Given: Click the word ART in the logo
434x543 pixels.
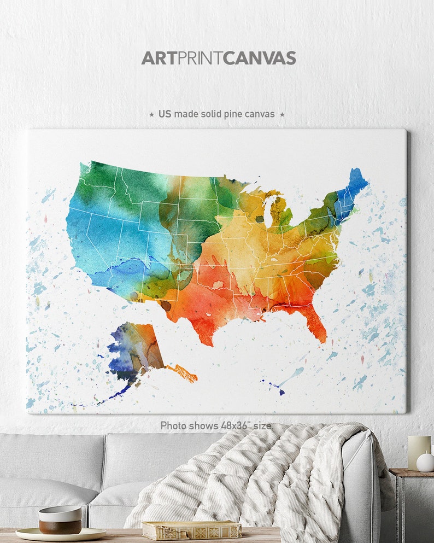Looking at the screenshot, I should [x=158, y=58].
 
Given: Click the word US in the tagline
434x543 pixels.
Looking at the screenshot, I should [x=165, y=114].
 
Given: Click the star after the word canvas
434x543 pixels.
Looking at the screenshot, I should [x=282, y=114].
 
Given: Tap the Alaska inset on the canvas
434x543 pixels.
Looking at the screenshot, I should [x=137, y=350].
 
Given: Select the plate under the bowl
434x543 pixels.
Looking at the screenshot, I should [x=60, y=533].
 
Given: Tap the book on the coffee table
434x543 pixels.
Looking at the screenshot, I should [x=191, y=529].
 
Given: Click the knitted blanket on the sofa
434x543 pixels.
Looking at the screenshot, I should [x=262, y=481].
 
